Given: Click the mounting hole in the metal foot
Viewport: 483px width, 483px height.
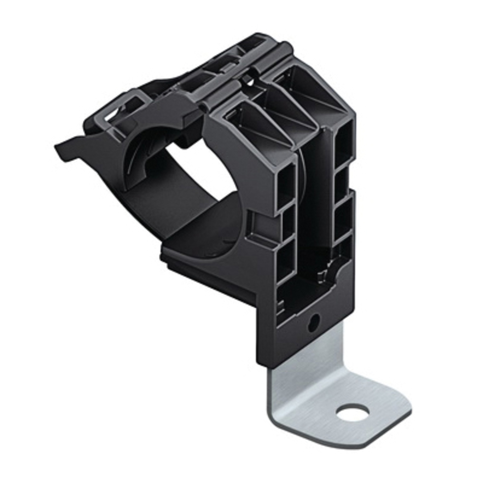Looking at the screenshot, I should click(353, 412).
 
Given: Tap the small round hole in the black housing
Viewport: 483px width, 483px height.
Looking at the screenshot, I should click(313, 323).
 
